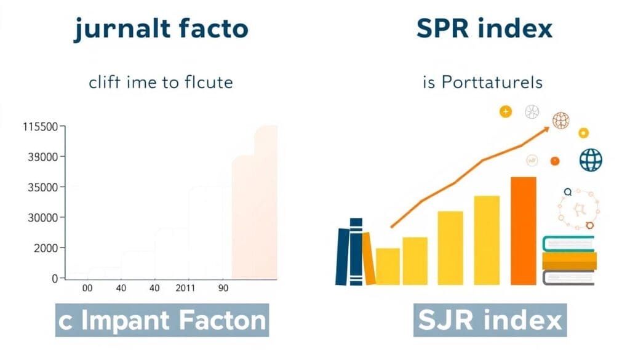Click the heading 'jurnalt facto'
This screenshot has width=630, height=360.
pyautogui.click(x=161, y=29)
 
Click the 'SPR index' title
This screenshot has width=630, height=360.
pyautogui.click(x=484, y=28)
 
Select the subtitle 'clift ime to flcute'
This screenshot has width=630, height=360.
pyautogui.click(x=161, y=82)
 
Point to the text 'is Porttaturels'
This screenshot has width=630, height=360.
pyautogui.click(x=482, y=82)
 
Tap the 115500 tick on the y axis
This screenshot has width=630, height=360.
pyautogui.click(x=41, y=127)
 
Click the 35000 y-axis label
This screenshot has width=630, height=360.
pyautogui.click(x=43, y=187)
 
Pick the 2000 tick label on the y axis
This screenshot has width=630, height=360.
pyautogui.click(x=46, y=248)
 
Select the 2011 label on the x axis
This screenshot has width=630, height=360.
pyautogui.click(x=185, y=288)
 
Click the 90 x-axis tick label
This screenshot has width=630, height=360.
pyautogui.click(x=223, y=288)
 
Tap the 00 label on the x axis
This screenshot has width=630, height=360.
pyautogui.click(x=87, y=288)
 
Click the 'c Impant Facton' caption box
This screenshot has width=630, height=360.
pyautogui.click(x=162, y=320)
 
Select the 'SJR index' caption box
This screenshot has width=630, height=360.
pyautogui.click(x=490, y=320)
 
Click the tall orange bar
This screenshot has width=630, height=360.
pyautogui.click(x=524, y=231)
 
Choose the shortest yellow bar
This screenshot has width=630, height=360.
pyautogui.click(x=388, y=267)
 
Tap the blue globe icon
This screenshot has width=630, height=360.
pyautogui.click(x=591, y=159)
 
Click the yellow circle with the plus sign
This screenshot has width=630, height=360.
pyautogui.click(x=506, y=111)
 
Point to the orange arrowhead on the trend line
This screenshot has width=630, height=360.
pyautogui.click(x=546, y=129)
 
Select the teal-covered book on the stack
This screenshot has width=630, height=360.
pyautogui.click(x=568, y=244)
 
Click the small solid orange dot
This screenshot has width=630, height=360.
pyautogui.click(x=555, y=161)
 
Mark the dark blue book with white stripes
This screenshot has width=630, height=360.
pyautogui.click(x=356, y=252)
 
